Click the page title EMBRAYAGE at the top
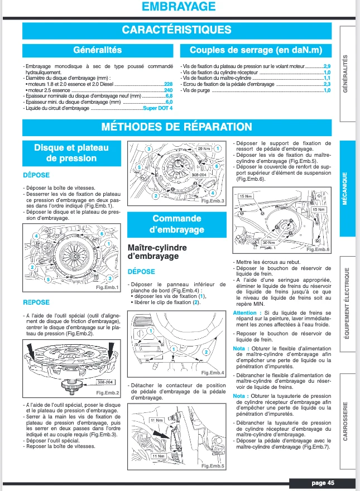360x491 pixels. pyautogui.click(x=179, y=7)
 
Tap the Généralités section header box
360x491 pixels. pyautogui.click(x=97, y=50)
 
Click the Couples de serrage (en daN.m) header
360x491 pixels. pyautogui.click(x=256, y=50)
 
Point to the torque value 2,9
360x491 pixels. pyautogui.click(x=327, y=66)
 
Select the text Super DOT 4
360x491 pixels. pyautogui.click(x=158, y=108)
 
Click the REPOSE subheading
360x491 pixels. pyautogui.click(x=36, y=302)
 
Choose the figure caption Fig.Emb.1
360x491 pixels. pyautogui.click(x=107, y=287)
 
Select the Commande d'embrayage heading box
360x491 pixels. pyautogui.click(x=176, y=224)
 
